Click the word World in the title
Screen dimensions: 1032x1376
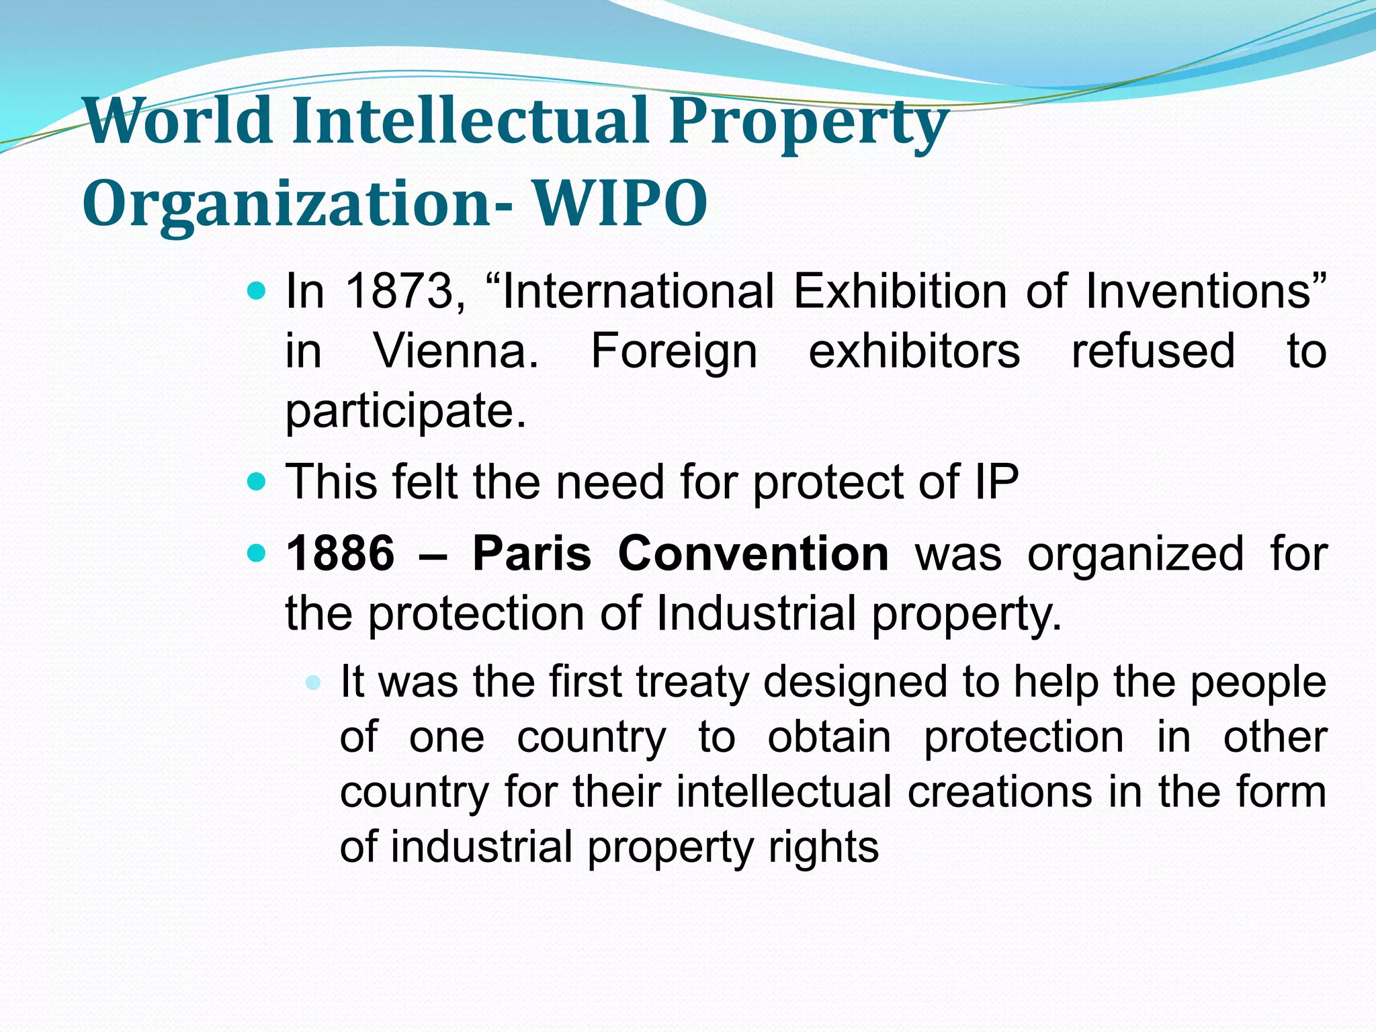point(178,121)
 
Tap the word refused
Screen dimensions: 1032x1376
point(1153,351)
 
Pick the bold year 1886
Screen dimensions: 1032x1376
point(340,554)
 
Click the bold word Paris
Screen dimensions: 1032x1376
point(531,554)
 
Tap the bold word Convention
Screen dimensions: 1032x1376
point(753,554)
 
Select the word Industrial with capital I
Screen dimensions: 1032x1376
point(755,613)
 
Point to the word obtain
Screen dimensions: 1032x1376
point(829,737)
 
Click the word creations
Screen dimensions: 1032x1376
point(1000,791)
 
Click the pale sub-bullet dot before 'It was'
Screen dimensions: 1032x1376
point(312,683)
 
